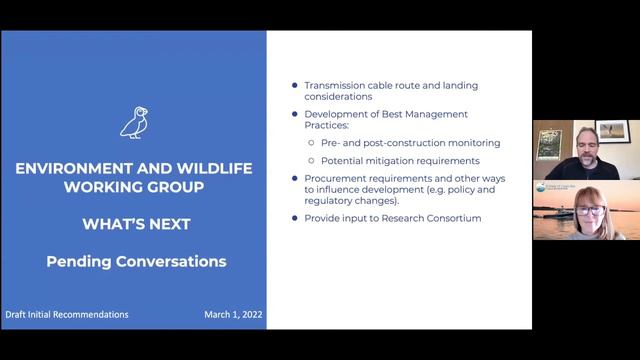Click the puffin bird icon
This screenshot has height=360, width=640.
[133, 121]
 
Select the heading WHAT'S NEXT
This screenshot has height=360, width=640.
[133, 225]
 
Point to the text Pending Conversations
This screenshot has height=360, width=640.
[133, 262]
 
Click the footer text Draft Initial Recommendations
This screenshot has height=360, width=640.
[66, 314]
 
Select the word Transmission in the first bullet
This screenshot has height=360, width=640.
[338, 85]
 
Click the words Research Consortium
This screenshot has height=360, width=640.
[436, 218]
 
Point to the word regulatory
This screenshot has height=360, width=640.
[336, 200]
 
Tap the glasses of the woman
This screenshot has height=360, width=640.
[585, 211]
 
